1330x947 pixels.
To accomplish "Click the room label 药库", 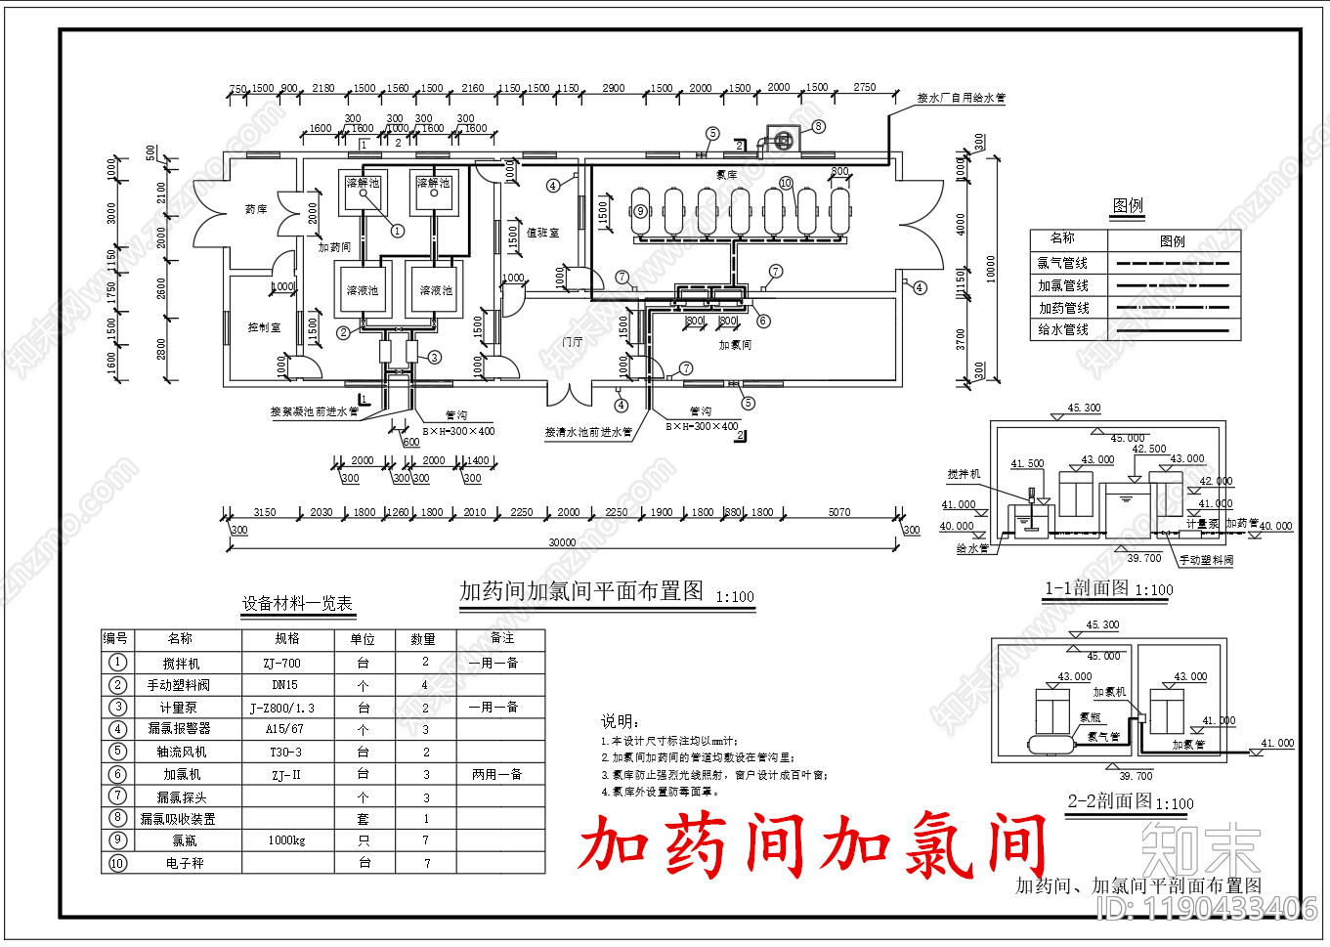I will click(256, 209).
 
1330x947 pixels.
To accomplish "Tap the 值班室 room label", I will click(542, 233).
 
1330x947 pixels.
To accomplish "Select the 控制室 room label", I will click(264, 327).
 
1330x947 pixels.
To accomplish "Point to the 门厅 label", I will click(573, 342).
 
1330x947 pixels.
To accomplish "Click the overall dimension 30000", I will click(562, 542).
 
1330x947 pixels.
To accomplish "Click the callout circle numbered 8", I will click(819, 126).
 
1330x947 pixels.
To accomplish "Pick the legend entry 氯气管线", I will click(1062, 263).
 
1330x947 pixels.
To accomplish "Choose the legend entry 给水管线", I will click(1063, 330).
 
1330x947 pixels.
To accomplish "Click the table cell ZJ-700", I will click(281, 663).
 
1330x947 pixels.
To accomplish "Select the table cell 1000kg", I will click(286, 840).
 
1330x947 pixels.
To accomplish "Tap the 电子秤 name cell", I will click(185, 864).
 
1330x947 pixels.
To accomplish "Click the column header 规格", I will click(287, 639).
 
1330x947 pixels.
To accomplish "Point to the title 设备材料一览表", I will click(297, 604).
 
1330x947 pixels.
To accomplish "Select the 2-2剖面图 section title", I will click(1109, 801).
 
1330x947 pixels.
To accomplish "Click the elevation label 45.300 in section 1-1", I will click(1084, 409).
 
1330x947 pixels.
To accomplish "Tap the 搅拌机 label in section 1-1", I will click(964, 474).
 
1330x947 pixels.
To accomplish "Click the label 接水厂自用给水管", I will click(961, 99).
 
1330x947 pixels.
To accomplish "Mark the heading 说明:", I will click(620, 721).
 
